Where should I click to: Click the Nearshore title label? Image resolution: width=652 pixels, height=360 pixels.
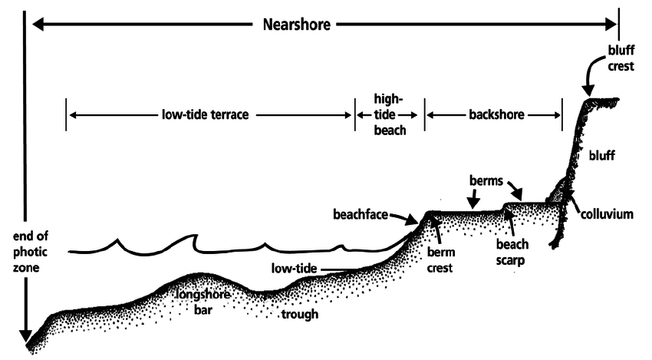(x=292, y=25)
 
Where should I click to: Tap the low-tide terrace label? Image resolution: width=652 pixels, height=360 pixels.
(x=208, y=115)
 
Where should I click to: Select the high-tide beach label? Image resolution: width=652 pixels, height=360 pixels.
(x=388, y=114)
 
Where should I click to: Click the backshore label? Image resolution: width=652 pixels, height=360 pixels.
(x=496, y=115)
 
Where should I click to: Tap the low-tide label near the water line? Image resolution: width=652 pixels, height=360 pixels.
(x=295, y=269)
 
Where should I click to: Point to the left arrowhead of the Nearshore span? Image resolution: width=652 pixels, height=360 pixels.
(x=37, y=25)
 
